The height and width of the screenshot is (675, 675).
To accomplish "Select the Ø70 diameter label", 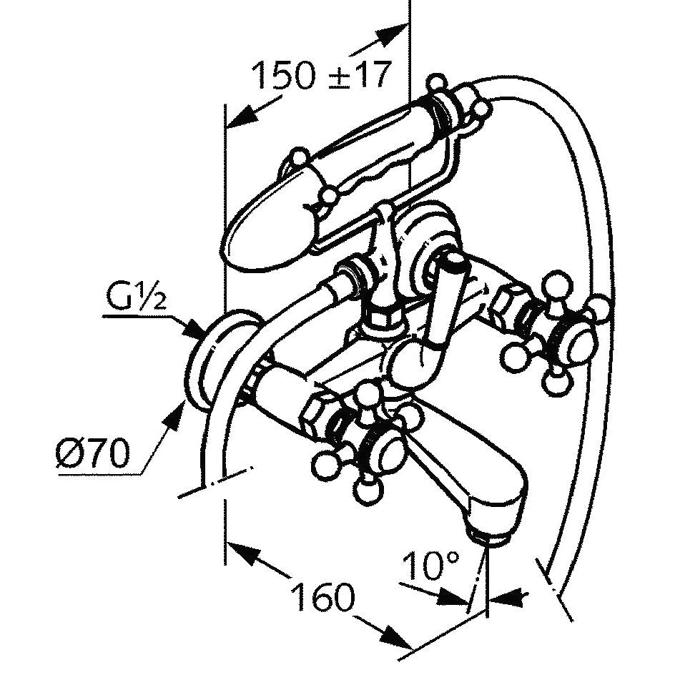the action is pos(92,453).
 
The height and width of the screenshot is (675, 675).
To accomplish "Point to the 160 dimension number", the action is pos(324,597).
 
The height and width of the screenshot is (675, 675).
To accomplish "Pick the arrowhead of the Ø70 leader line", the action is pos(177,415).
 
